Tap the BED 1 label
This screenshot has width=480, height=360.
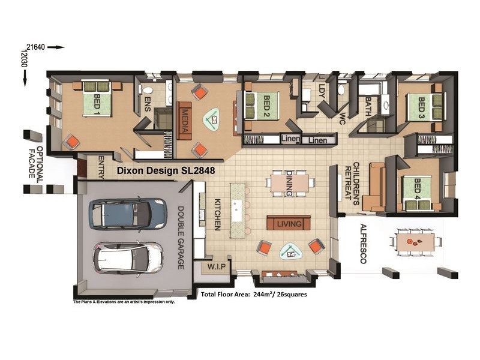(x=97, y=102)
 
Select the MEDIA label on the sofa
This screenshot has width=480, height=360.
(x=185, y=121)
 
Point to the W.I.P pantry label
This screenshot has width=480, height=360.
(x=216, y=266)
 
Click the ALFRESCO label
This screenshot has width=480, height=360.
(x=363, y=244)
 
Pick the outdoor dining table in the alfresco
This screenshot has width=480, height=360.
(x=415, y=242)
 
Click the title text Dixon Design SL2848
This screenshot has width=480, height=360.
(x=166, y=170)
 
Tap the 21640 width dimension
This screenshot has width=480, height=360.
(x=35, y=47)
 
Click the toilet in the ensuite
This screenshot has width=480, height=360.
(x=147, y=91)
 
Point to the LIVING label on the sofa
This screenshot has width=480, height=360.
(x=289, y=224)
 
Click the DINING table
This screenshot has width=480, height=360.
(x=290, y=184)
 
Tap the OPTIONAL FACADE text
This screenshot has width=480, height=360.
(x=36, y=162)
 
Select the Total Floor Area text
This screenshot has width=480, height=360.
(x=254, y=295)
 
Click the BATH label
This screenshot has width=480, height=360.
(x=368, y=106)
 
